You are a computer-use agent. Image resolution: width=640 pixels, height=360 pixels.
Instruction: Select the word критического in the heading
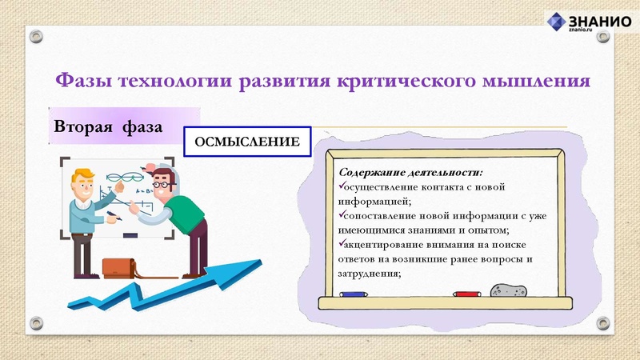(387, 81)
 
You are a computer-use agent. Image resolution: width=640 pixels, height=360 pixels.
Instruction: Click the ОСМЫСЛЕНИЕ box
(247, 142)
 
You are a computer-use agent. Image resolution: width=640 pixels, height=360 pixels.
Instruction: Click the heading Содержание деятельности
(411, 172)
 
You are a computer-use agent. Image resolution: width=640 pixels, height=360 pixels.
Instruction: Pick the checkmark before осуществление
(342, 186)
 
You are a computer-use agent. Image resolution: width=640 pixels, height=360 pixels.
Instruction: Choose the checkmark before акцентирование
(342, 244)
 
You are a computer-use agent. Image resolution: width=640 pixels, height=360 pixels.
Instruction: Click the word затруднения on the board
(371, 273)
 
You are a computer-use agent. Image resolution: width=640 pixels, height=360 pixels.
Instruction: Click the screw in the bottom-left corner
(35, 323)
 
